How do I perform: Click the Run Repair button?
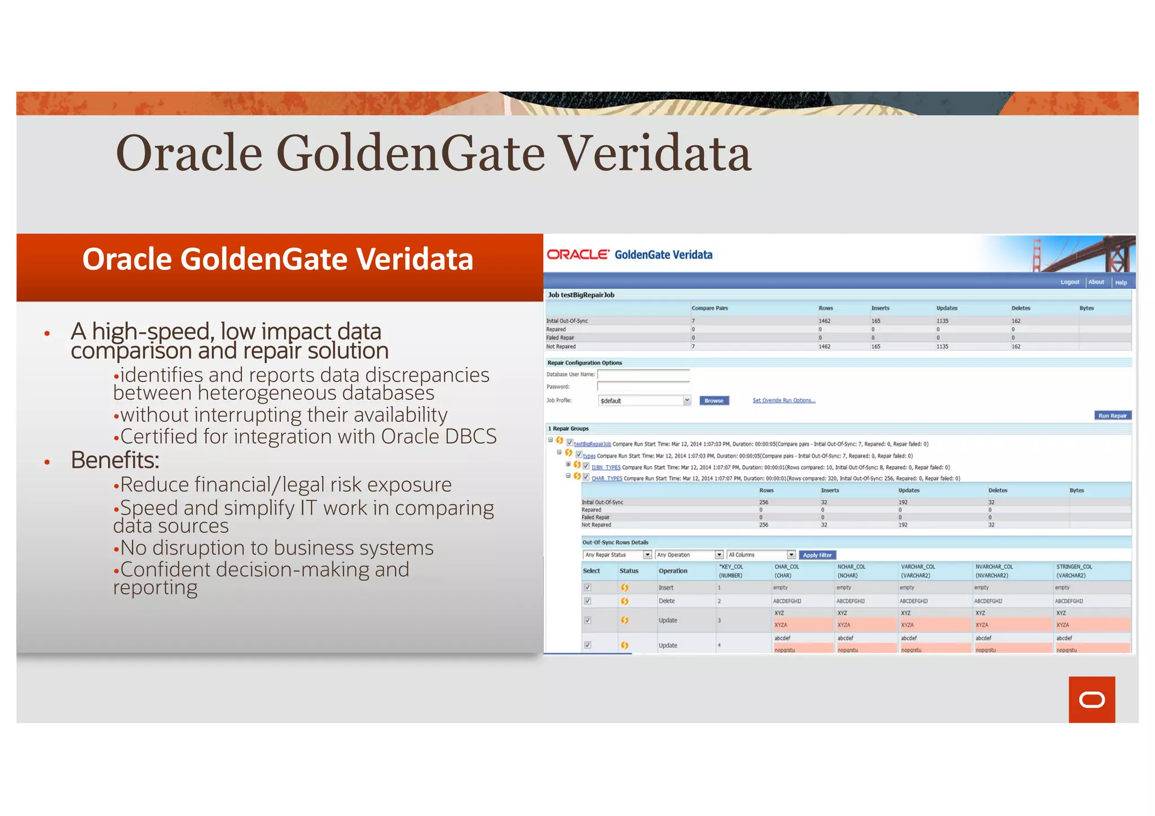coord(1112,416)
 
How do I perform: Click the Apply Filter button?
coord(817,555)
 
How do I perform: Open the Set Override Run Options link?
coord(783,400)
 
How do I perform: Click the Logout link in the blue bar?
coord(1069,282)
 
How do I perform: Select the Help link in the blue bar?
coord(1121,283)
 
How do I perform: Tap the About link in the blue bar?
coord(1096,282)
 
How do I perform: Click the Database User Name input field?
coord(643,374)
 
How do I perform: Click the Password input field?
coord(643,387)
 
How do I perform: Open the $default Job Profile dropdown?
coord(644,400)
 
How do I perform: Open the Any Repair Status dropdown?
coord(618,555)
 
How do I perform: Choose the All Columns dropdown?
coord(761,555)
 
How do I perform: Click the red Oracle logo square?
coord(1091,699)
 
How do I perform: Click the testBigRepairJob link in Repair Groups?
coord(592,444)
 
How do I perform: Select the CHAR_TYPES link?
coord(606,479)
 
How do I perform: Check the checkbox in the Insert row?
coord(588,588)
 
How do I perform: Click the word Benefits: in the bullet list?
coord(115,460)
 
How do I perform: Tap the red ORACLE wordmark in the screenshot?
coord(577,255)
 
